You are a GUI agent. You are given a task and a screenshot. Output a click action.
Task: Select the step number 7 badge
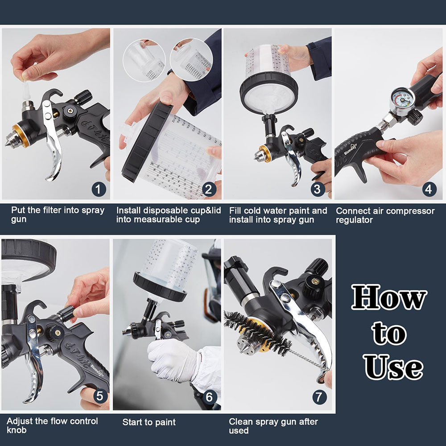pyautogui.click(x=319, y=397)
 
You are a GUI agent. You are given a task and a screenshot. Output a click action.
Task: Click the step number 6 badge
pyautogui.click(x=210, y=397)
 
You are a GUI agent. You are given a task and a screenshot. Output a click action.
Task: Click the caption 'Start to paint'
pyautogui.click(x=149, y=422)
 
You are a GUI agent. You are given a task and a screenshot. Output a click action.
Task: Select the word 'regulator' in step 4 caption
pyautogui.click(x=354, y=220)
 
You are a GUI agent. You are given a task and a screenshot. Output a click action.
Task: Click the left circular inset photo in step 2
pyautogui.click(x=144, y=60)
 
